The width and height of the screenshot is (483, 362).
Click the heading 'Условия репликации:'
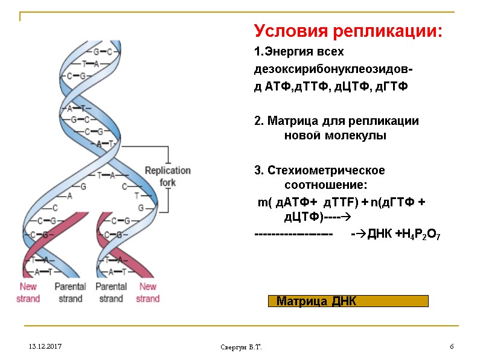(348, 31)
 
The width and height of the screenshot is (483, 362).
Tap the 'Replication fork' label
(167, 176)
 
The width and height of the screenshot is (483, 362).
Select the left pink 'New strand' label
(29, 292)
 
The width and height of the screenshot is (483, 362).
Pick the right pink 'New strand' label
(147, 292)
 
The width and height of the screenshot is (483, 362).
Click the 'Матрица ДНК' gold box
(348, 301)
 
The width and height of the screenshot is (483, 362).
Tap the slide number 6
(451, 347)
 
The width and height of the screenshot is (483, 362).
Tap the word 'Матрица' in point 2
(291, 121)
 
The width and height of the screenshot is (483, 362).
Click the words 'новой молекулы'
(335, 136)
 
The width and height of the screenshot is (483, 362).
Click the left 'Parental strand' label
(70, 292)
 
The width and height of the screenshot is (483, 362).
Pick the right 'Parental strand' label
(111, 292)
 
